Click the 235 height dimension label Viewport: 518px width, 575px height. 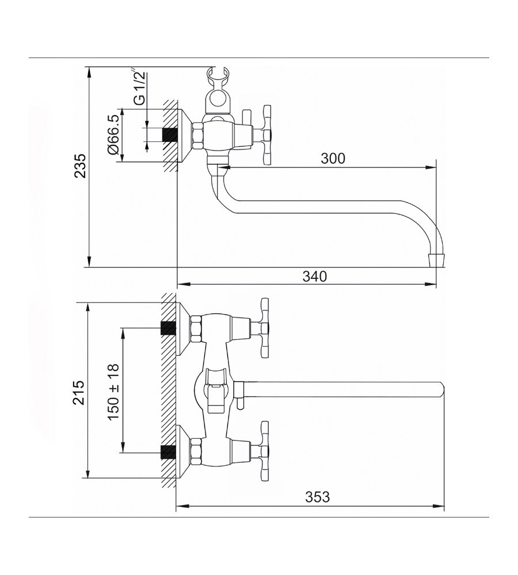(x=80, y=166)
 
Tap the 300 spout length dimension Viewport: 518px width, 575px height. (x=333, y=159)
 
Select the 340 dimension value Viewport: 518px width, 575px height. (x=315, y=276)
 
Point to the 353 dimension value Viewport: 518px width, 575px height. (x=318, y=497)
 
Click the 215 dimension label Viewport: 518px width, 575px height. (x=79, y=393)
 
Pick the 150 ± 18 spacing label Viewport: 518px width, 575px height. (x=113, y=392)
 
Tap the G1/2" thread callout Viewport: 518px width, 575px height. (x=140, y=87)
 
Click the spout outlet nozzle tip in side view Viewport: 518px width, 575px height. (x=436, y=260)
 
